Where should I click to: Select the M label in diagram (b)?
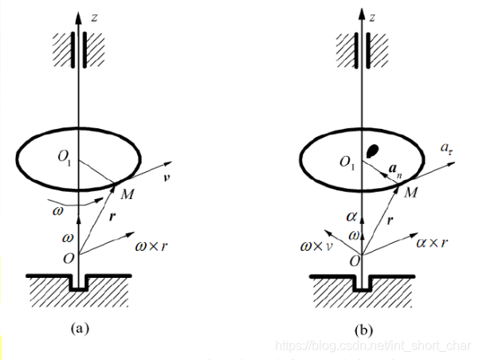(410, 194)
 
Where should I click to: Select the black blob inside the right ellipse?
(371, 150)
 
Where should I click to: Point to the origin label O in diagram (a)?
(70, 258)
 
